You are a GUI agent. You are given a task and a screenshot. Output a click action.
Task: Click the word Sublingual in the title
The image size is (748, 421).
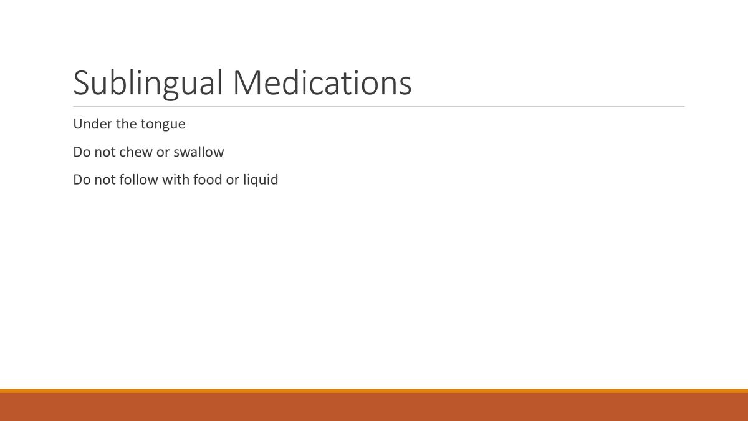[x=148, y=84]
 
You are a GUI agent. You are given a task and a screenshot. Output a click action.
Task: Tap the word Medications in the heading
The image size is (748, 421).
[x=322, y=82]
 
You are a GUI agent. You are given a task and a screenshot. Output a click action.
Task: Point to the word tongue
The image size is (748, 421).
[x=163, y=125]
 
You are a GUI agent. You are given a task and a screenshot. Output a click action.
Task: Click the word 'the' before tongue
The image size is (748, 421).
[x=126, y=124]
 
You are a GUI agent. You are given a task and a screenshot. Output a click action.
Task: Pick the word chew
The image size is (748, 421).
[x=135, y=152]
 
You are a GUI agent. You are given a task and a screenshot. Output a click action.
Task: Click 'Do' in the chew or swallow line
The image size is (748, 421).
[x=82, y=152]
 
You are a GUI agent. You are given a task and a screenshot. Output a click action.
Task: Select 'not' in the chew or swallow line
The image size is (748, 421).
[x=104, y=152]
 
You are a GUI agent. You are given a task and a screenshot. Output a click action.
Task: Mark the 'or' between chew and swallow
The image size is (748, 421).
[x=163, y=152]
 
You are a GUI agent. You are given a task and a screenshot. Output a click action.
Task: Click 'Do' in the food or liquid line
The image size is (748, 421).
[x=82, y=180]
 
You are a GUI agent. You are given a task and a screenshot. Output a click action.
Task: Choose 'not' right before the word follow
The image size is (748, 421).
[x=104, y=180]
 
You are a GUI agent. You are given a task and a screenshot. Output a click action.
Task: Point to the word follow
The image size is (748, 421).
[x=138, y=180]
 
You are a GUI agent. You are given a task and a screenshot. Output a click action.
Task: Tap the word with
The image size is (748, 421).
[x=175, y=180]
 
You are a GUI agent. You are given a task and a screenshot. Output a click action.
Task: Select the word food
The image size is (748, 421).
[x=208, y=180]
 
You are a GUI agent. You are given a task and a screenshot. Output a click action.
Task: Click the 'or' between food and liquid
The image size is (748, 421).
[x=233, y=180]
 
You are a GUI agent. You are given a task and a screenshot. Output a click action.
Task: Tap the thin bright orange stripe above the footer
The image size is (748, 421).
[x=374, y=391]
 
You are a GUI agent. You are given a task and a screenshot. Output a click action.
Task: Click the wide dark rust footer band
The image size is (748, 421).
[x=374, y=407]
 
